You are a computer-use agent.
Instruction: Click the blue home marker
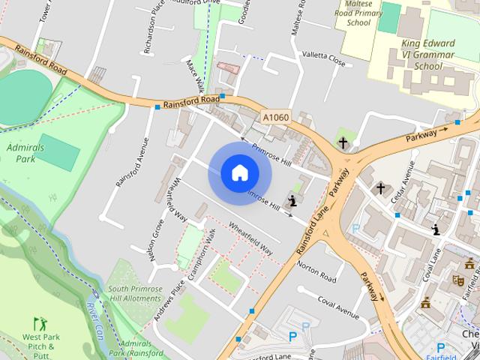tap(239, 173)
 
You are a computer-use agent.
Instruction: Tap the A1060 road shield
tap(275, 117)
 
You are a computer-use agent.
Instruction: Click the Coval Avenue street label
tap(337, 304)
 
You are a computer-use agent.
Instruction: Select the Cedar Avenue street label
tap(406, 180)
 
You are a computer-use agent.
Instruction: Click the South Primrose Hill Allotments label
tap(134, 293)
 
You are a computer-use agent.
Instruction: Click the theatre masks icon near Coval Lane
tap(458, 280)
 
